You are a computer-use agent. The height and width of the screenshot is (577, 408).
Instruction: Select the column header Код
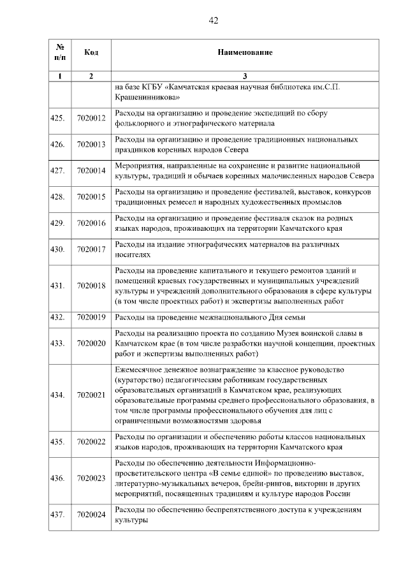point(91,52)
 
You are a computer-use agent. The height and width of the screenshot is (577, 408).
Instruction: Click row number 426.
point(58,144)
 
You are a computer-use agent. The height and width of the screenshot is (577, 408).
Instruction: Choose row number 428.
point(58,197)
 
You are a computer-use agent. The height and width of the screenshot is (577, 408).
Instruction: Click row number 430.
point(58,249)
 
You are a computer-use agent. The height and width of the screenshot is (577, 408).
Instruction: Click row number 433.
point(58,343)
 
